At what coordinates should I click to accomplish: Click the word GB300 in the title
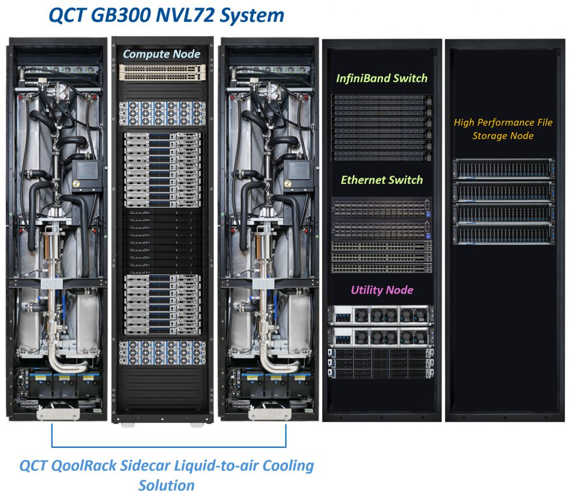tap(121, 15)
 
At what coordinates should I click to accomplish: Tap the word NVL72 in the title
tap(184, 15)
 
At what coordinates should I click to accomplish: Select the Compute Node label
tap(161, 54)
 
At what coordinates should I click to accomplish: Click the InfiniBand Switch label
tap(382, 78)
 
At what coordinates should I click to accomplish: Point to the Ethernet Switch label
tap(382, 180)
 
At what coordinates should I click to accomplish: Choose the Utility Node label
tap(382, 290)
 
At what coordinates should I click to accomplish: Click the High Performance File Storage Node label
tap(503, 129)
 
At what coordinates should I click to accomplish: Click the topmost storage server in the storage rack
tap(503, 169)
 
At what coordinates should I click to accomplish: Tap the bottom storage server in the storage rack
tap(503, 235)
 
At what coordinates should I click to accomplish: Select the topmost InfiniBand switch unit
tap(382, 100)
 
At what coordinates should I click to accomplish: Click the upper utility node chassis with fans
tap(381, 315)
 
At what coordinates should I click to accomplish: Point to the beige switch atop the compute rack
tap(163, 72)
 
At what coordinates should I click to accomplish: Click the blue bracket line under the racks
tap(169, 446)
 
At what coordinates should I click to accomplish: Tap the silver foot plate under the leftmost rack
tap(58, 414)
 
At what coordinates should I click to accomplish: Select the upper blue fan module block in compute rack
tap(163, 113)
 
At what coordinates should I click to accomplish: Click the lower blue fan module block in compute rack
tap(163, 353)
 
